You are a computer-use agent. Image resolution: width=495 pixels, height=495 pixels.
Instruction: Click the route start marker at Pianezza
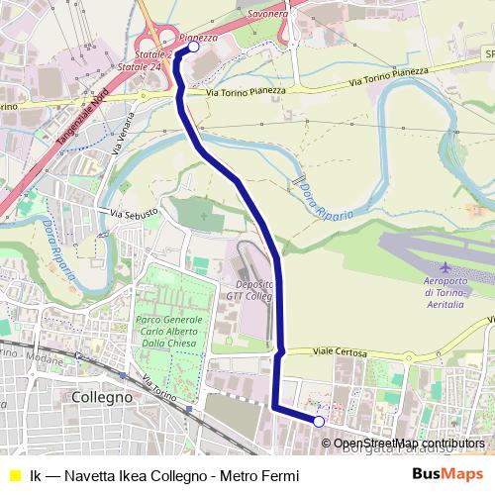(x=194, y=47)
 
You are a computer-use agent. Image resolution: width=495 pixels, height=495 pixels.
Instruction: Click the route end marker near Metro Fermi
(x=319, y=422)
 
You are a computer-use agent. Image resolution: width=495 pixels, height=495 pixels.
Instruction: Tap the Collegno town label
(x=102, y=396)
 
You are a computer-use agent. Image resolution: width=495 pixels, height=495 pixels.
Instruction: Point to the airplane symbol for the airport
(x=445, y=268)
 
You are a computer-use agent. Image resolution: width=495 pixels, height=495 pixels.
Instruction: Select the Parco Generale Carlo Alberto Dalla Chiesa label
(x=167, y=333)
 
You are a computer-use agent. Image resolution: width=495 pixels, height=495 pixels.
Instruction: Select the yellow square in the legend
(x=14, y=474)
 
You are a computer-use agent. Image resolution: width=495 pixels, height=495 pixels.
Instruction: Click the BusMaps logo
(x=446, y=474)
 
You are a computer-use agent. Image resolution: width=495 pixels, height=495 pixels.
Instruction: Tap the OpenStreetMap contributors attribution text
(x=409, y=444)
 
